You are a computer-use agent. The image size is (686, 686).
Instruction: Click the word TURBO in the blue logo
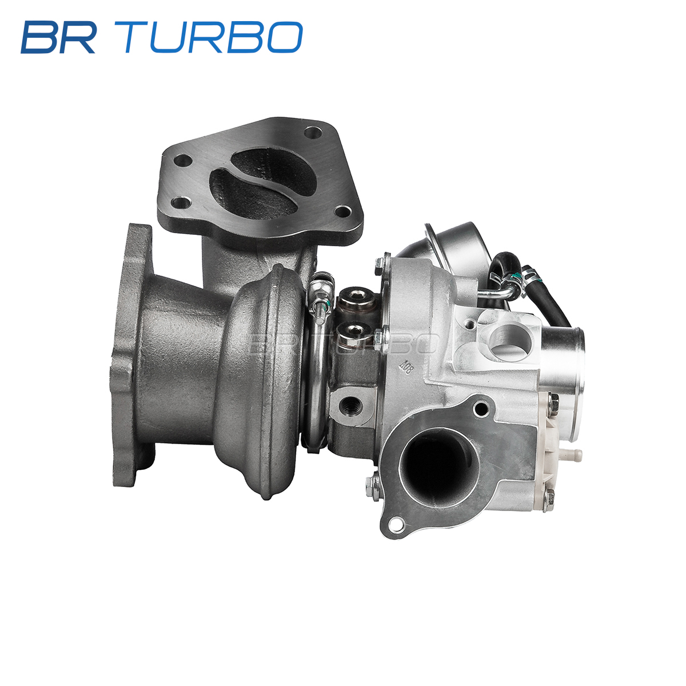coord(213,37)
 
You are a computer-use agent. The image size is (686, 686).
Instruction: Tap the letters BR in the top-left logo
coord(59,37)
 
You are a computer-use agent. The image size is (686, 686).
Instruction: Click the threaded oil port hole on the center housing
coord(351,404)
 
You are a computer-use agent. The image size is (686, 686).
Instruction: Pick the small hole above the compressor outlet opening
coord(481,408)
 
